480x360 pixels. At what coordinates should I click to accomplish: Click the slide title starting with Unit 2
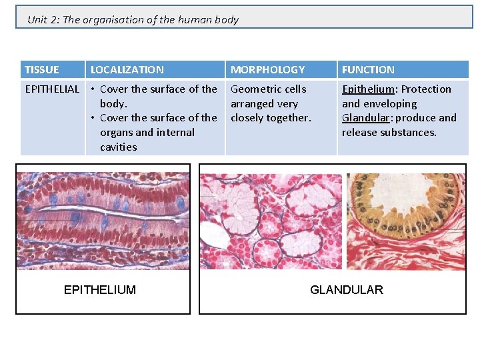point(133,19)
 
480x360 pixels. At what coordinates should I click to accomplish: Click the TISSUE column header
point(41,69)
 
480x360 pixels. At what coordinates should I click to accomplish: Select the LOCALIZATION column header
point(127,69)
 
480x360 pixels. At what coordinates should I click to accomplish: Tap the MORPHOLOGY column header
point(267,69)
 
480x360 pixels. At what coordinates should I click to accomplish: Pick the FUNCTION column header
point(368,69)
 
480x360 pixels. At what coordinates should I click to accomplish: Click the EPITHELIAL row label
point(51,89)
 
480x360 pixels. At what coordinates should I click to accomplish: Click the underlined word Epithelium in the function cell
point(369,89)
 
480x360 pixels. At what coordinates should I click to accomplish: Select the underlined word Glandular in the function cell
point(366,118)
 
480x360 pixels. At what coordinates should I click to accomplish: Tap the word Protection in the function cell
point(426,89)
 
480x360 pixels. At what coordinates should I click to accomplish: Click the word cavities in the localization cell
point(118,147)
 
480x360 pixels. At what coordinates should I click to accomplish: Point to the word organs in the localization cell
point(116,132)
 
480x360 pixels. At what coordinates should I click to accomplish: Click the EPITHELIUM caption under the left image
point(99,289)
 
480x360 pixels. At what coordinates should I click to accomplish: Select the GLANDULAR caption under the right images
point(347,289)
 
